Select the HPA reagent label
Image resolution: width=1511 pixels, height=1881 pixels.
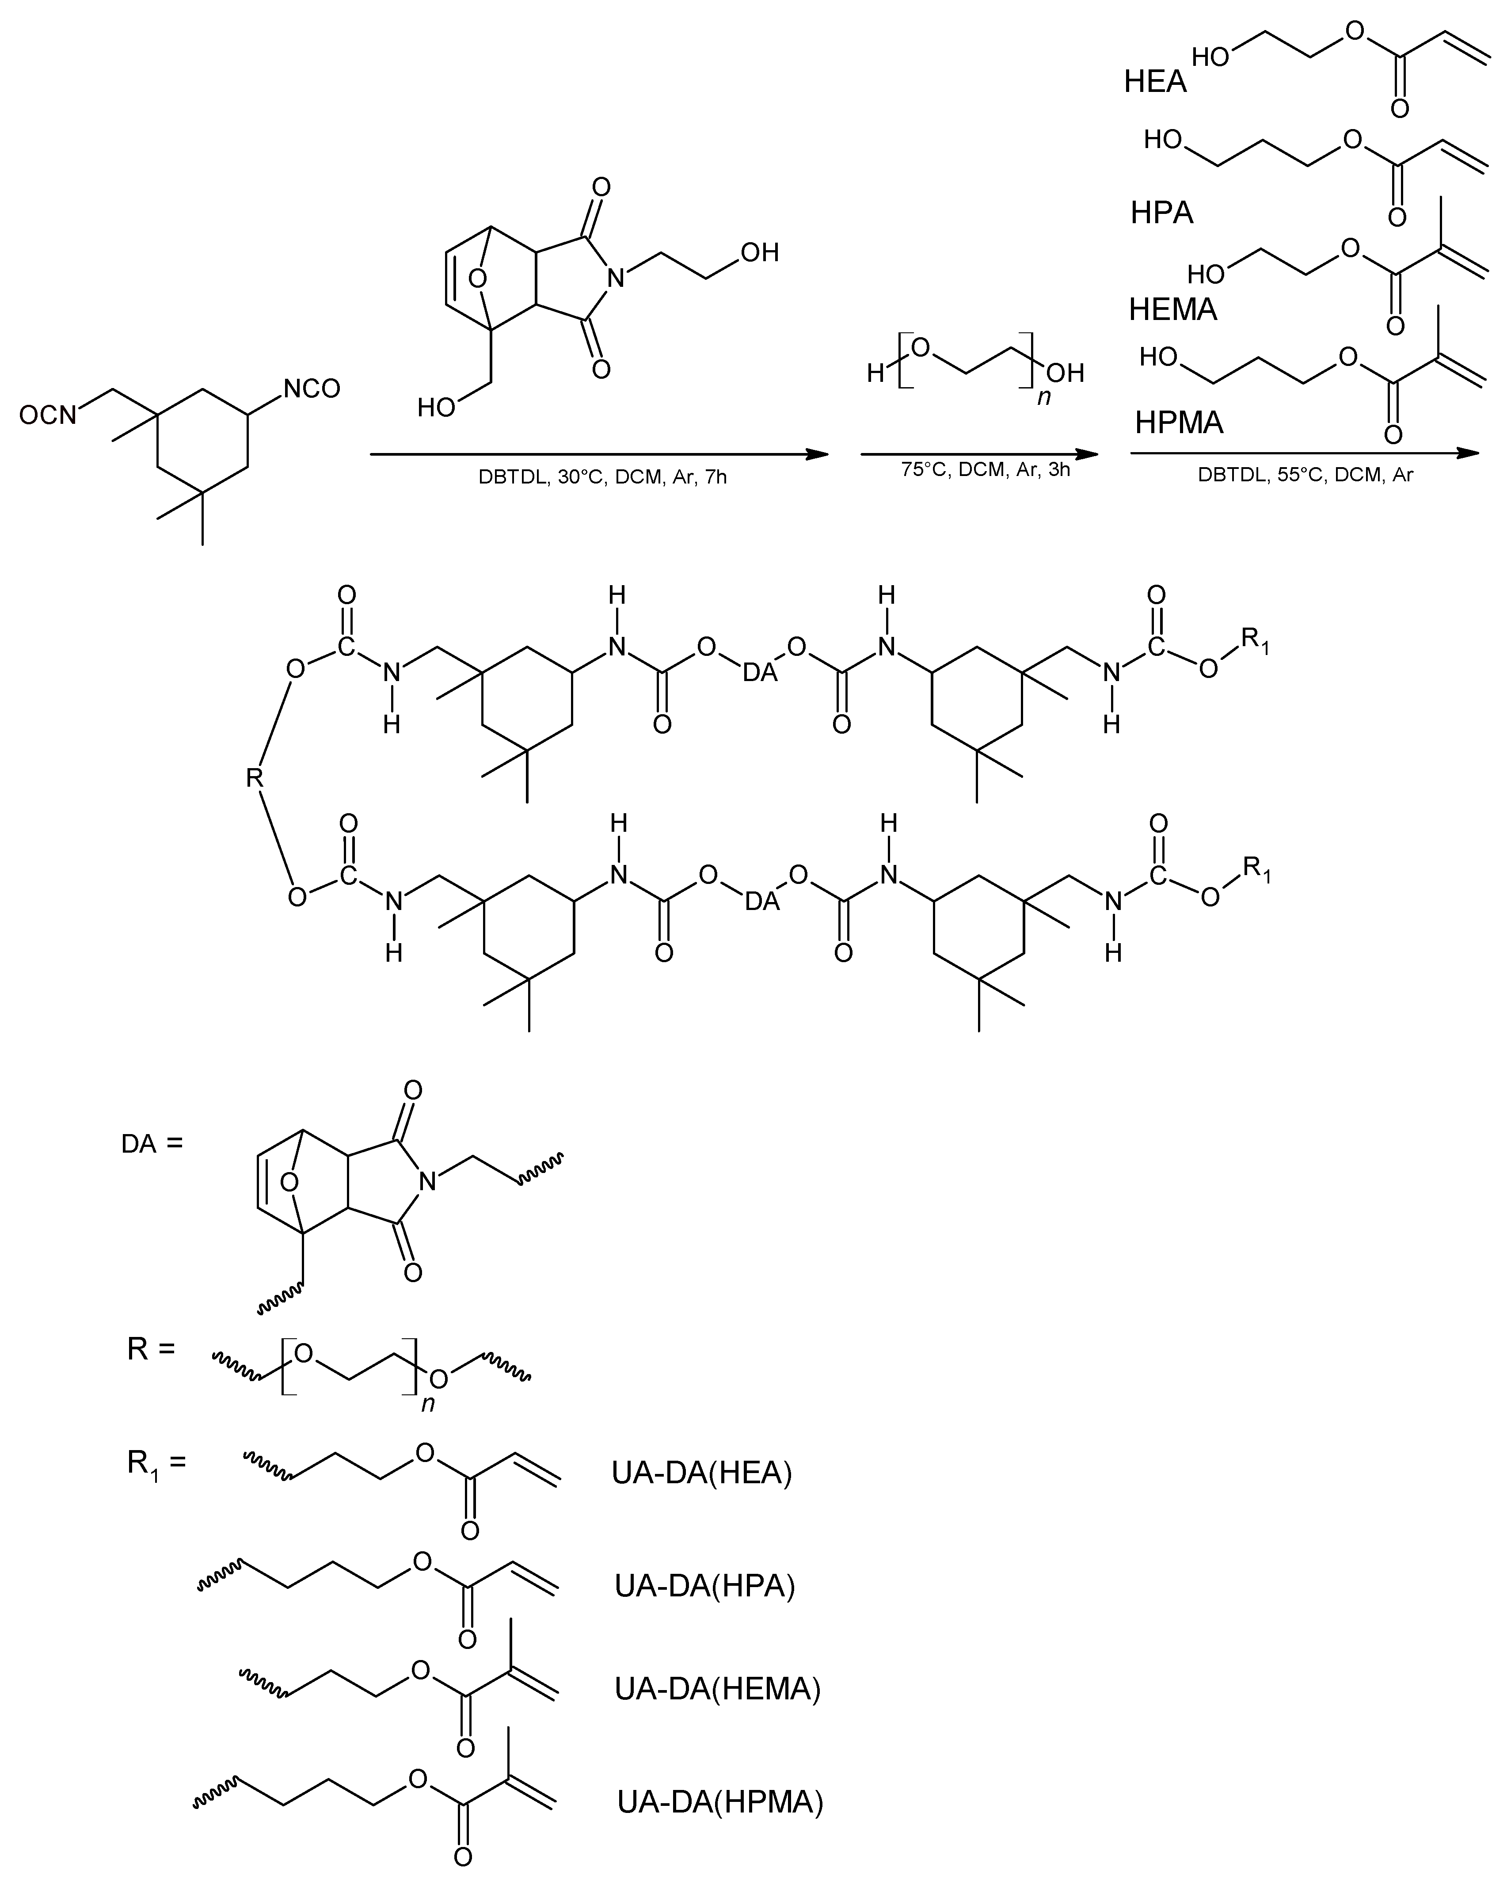(1161, 213)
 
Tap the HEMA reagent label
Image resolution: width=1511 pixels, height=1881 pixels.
(1172, 309)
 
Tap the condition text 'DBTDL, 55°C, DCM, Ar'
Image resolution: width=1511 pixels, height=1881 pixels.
(1305, 476)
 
